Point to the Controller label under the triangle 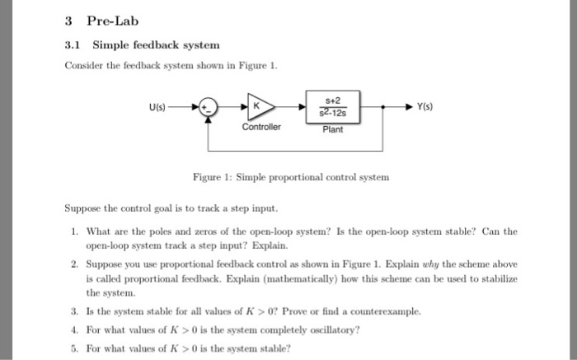click(261, 128)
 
